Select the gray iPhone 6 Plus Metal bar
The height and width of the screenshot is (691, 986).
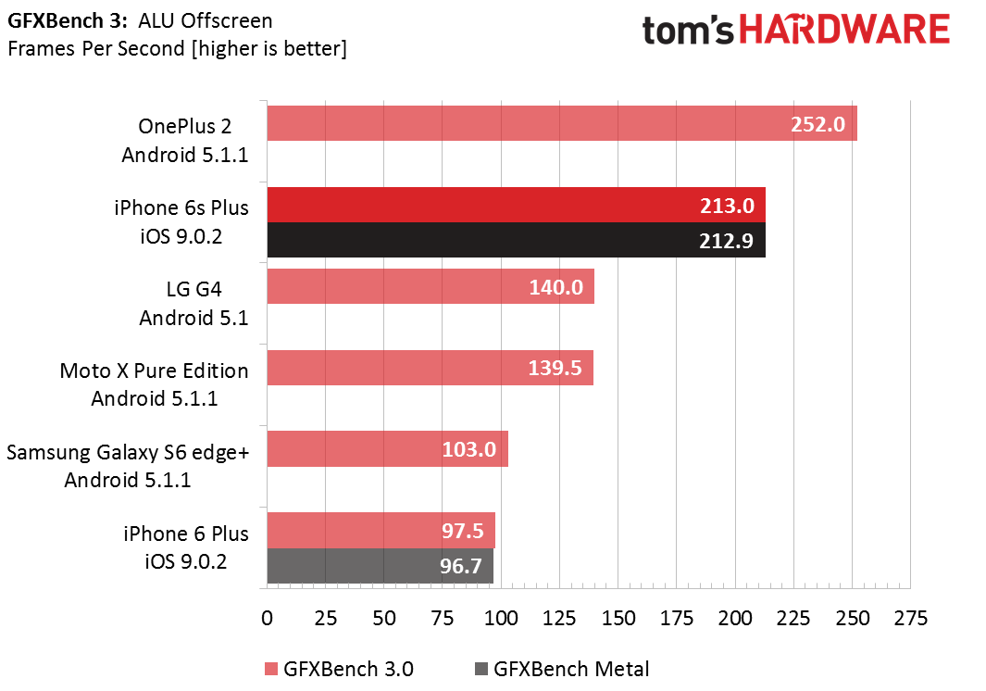380,566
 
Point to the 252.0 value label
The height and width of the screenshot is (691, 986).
818,124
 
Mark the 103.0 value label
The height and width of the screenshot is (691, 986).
468,450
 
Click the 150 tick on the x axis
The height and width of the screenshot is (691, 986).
618,618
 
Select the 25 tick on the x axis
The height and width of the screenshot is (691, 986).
326,618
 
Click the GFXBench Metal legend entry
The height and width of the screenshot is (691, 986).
561,669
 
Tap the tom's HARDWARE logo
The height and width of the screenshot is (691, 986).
795,31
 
